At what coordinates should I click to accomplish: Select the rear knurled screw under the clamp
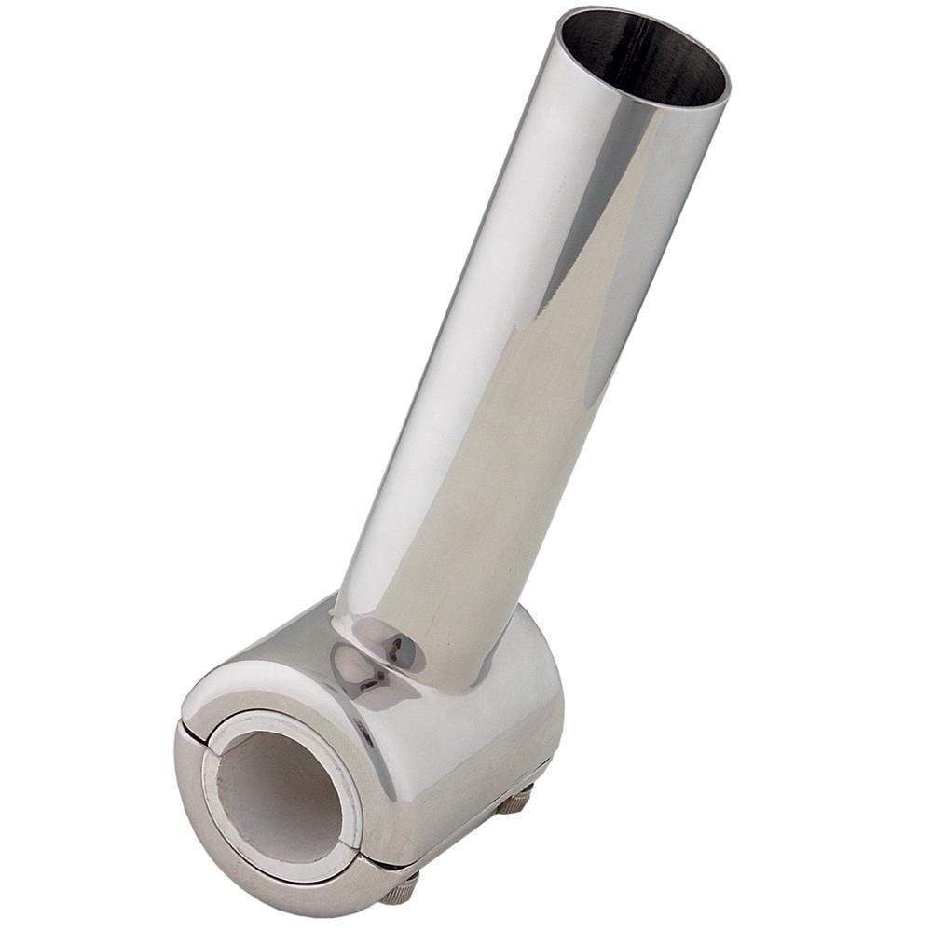(x=514, y=800)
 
